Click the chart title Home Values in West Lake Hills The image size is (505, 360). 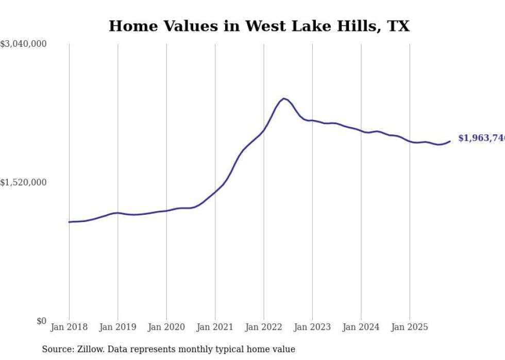tap(259, 26)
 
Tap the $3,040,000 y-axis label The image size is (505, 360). tap(23, 44)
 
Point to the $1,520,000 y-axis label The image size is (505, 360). tap(23, 182)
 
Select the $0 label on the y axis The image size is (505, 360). tap(41, 321)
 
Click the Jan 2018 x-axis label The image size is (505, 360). tap(69, 327)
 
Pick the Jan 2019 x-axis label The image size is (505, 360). tap(117, 327)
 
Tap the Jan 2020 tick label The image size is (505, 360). tap(166, 327)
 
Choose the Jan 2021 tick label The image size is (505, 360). tap(215, 327)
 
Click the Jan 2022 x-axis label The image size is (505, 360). tap(263, 327)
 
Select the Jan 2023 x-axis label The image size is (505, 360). tap(312, 327)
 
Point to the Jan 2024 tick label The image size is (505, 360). tap(361, 327)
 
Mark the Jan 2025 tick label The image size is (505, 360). tap(410, 327)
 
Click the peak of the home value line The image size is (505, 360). tap(283, 98)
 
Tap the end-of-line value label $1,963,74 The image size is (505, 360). tap(481, 138)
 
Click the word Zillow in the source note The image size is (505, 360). tap(90, 349)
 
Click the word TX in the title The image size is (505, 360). tap(398, 26)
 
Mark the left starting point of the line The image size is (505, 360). tap(69, 222)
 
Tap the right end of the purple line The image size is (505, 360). tap(450, 141)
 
